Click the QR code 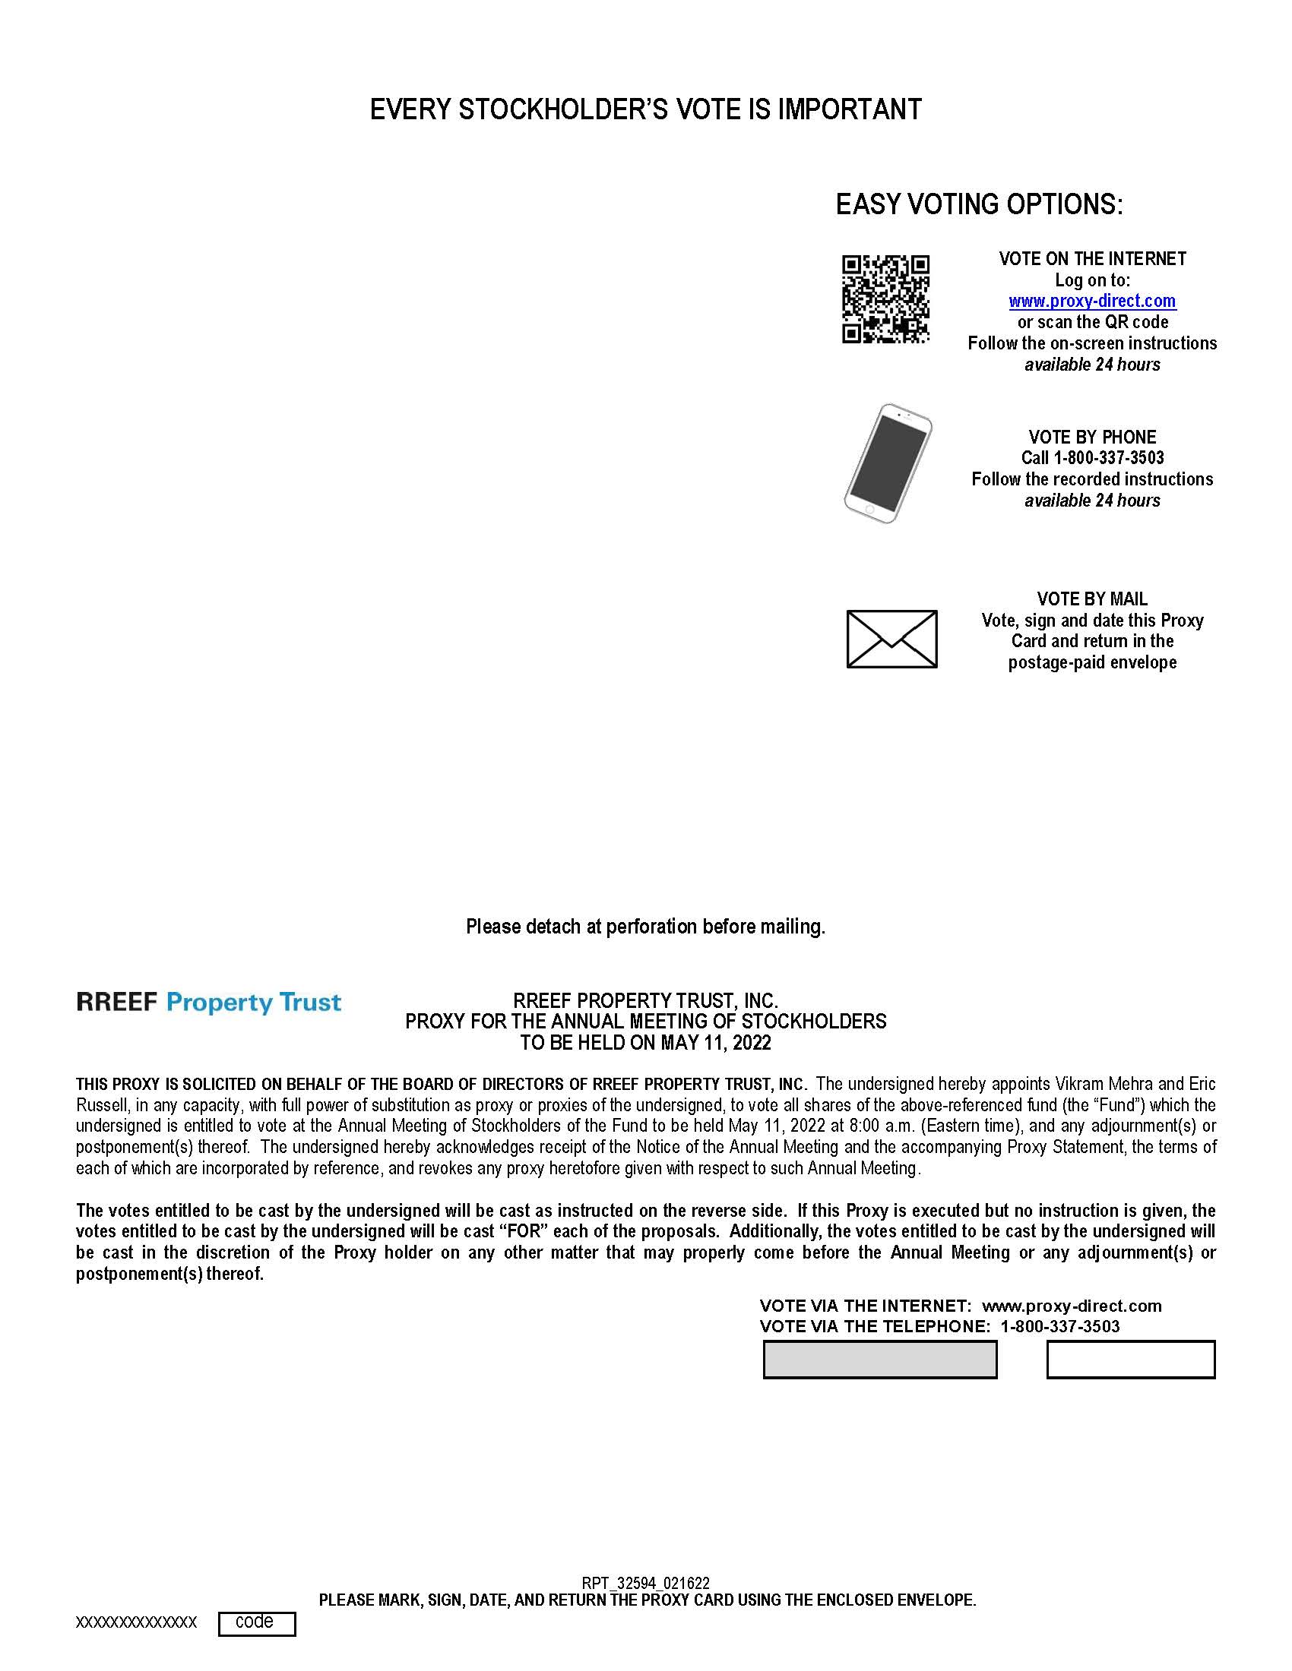885,299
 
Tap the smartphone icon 888,463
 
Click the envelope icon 891,639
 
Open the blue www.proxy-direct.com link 1092,301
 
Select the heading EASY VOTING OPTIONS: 979,204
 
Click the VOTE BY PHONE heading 1092,437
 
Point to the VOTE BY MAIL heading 1092,599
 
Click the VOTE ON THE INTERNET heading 1092,258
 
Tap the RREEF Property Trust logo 208,1003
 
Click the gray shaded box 880,1360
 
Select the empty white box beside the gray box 1131,1360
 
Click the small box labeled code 256,1624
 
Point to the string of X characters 136,1623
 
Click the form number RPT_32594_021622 645,1583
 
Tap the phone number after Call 1109,457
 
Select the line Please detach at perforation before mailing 645,927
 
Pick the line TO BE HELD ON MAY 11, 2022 645,1043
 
